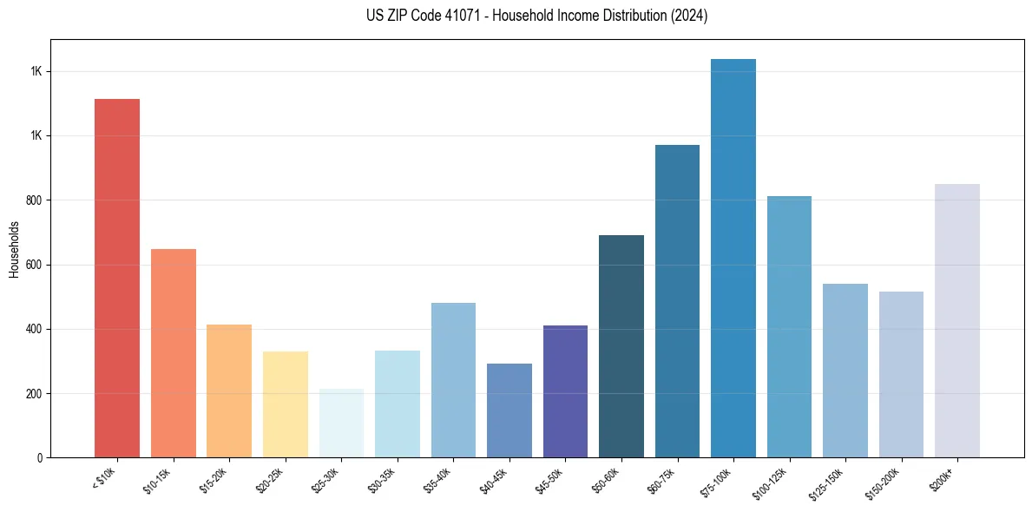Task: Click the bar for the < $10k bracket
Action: [x=116, y=278]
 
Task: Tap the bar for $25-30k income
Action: [x=341, y=423]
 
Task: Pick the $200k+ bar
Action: [x=956, y=320]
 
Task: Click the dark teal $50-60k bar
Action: [x=621, y=346]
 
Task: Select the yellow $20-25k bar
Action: [x=285, y=404]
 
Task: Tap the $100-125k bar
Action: [x=789, y=326]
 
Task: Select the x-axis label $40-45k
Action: [x=496, y=480]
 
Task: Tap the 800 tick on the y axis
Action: [x=36, y=200]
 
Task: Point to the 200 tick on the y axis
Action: [x=36, y=394]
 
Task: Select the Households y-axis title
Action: [x=14, y=249]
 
